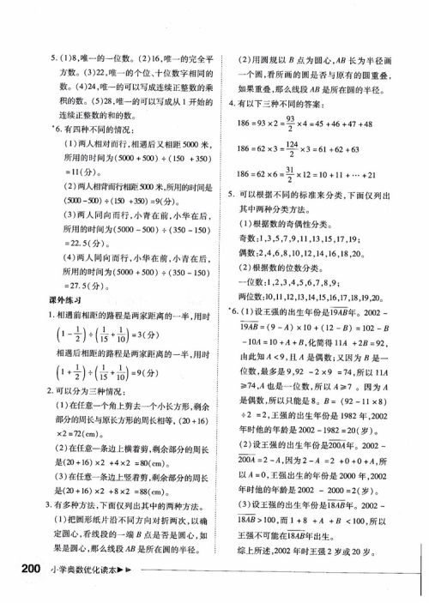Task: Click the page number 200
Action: (21, 571)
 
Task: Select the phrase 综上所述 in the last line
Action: (256, 552)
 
